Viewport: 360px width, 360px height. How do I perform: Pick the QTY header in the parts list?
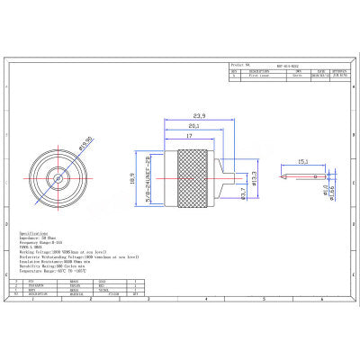coord(135,293)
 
